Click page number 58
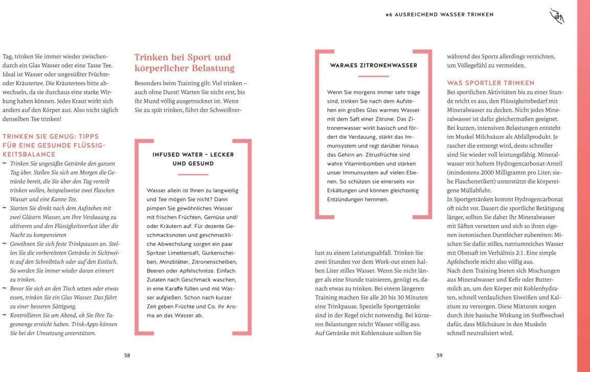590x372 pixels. [127, 356]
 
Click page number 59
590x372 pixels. [439, 356]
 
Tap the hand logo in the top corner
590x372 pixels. [556, 16]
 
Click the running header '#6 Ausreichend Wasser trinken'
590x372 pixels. [439, 15]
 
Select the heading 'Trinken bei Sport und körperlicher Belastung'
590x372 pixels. [183, 62]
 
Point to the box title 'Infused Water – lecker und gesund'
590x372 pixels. [193, 159]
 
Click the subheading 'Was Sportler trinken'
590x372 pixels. [491, 83]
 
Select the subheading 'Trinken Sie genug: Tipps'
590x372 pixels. [51, 136]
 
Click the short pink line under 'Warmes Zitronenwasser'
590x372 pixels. [373, 76]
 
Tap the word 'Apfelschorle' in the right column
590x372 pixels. [466, 262]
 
